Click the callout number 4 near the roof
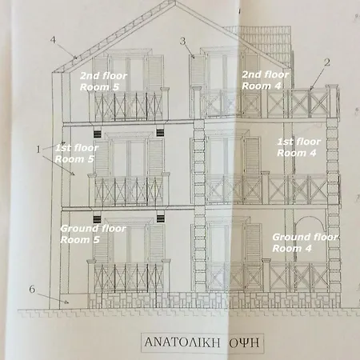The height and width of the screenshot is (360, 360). pos(54,40)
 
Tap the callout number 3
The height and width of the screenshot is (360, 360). pos(182,42)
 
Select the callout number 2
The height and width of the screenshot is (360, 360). pos(327,62)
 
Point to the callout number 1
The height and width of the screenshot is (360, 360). pos(38,150)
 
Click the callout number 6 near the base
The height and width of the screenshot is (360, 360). pos(32,289)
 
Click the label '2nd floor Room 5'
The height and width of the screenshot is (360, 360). pos(103,82)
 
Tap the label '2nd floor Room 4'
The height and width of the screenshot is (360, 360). pos(265,80)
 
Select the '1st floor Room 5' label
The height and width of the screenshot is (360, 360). pos(77,154)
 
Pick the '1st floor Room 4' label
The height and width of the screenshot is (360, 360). pos(298,147)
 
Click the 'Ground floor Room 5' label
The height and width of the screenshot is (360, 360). pos(93,234)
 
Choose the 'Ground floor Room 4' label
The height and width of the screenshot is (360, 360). pos(305,242)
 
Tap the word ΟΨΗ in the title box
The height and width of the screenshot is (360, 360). pos(244,342)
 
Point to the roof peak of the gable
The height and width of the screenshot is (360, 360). pos(175,2)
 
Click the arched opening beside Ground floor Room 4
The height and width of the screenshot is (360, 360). pos(310,218)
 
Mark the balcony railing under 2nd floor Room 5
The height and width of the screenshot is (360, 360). pos(129,105)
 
